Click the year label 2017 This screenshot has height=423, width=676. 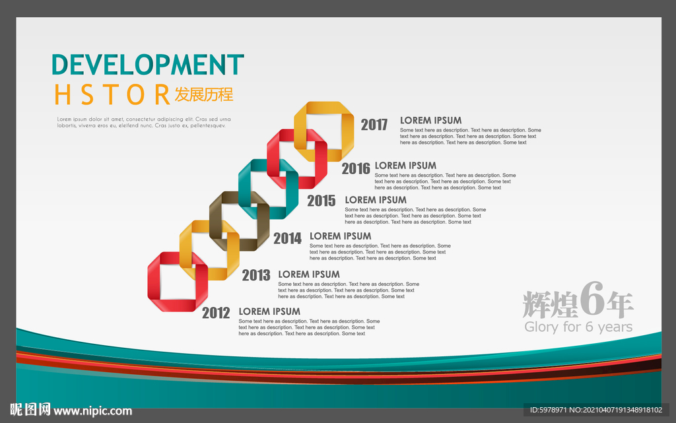tap(374, 125)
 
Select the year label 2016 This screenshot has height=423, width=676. tap(356, 168)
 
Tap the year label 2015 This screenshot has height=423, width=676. tap(321, 201)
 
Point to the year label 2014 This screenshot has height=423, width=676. tap(288, 238)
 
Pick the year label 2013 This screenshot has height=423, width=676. tap(256, 275)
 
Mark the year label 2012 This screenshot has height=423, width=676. tap(216, 313)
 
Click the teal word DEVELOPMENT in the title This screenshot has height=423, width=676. tap(148, 65)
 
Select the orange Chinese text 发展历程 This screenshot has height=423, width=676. tap(204, 94)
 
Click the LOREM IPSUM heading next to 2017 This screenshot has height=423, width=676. tap(430, 121)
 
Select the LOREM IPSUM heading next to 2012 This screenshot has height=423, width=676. tap(269, 311)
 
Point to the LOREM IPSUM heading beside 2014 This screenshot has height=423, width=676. tap(340, 236)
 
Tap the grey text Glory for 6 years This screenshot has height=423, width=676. tap(578, 327)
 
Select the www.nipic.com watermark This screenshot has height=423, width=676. tap(92, 411)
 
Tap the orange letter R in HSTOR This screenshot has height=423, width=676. tap(162, 95)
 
